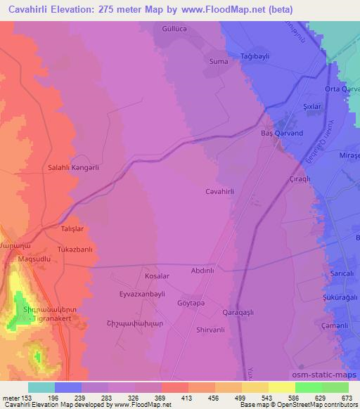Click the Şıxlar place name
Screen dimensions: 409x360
click(311, 106)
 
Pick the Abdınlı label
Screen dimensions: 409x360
click(207, 270)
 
